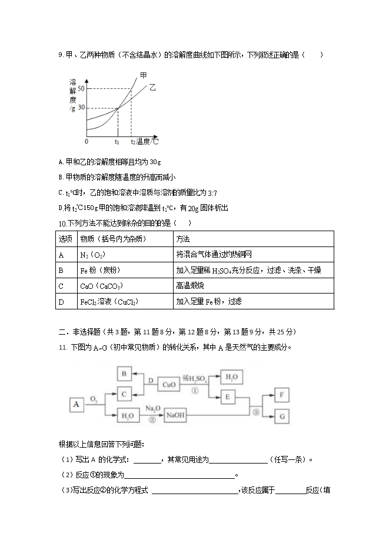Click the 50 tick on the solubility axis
(x=81, y=89)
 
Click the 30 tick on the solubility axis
(x=81, y=108)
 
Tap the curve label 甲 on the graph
(x=144, y=75)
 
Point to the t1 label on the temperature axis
(x=117, y=142)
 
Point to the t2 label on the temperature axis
(x=132, y=142)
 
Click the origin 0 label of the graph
(x=87, y=142)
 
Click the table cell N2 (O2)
(x=93, y=255)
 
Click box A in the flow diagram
(x=77, y=404)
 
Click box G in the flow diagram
(x=282, y=416)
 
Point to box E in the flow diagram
(x=227, y=396)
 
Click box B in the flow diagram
(x=124, y=374)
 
